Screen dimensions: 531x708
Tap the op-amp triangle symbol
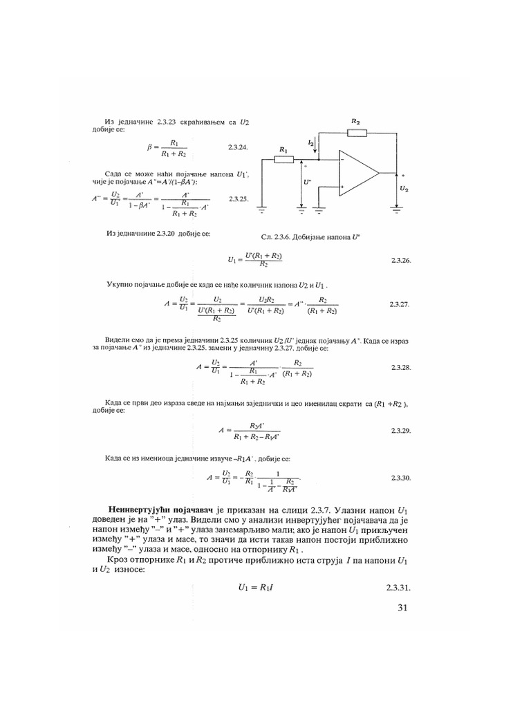click(x=357, y=172)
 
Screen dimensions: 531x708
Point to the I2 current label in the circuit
click(x=311, y=142)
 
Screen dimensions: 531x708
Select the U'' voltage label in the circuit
click(x=308, y=184)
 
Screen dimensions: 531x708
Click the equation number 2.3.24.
click(x=238, y=148)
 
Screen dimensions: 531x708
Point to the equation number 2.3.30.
click(x=401, y=478)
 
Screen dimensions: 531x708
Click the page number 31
click(x=404, y=608)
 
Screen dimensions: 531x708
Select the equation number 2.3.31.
click(x=399, y=589)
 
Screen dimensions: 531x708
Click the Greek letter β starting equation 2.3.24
click(x=149, y=147)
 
